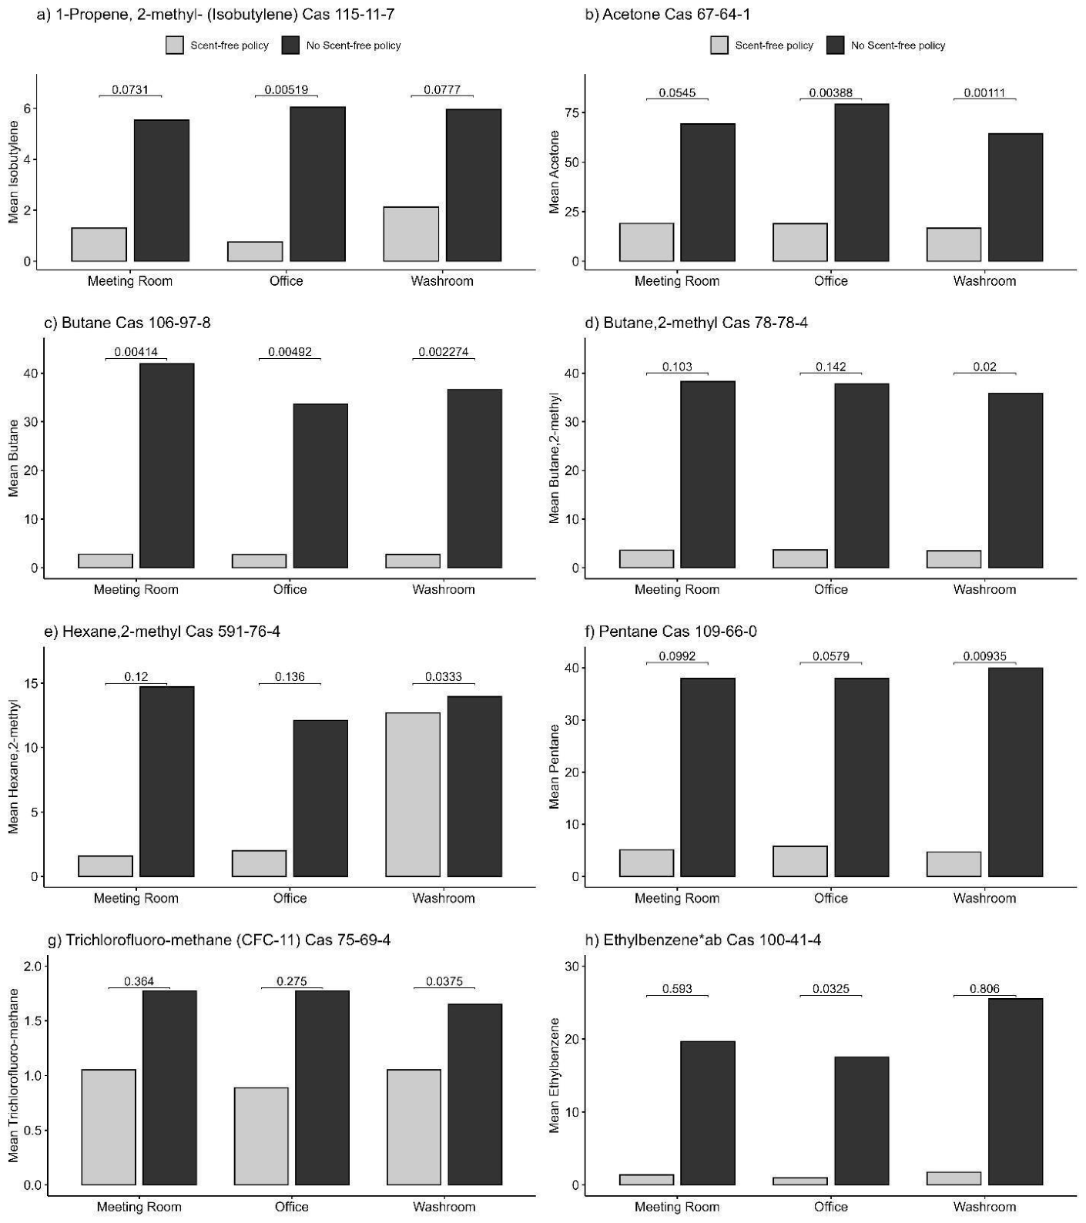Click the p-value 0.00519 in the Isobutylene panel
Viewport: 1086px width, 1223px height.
click(x=287, y=89)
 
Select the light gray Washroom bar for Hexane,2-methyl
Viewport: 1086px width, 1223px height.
click(x=413, y=794)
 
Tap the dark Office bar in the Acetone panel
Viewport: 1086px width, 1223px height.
click(x=861, y=183)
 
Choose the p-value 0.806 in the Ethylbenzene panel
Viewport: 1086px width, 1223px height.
click(x=984, y=989)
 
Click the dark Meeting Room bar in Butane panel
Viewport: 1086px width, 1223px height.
click(x=166, y=465)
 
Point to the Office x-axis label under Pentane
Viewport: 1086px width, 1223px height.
click(x=830, y=898)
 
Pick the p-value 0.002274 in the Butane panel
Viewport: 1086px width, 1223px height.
click(x=443, y=352)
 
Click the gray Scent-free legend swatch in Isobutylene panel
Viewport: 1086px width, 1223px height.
click(x=175, y=45)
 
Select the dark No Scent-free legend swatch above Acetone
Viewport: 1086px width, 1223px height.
click(x=835, y=45)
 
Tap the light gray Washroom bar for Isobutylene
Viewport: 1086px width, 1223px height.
click(x=411, y=234)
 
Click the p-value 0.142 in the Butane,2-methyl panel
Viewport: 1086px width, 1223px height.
click(x=830, y=367)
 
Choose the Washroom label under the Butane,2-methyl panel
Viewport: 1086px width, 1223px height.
click(x=984, y=589)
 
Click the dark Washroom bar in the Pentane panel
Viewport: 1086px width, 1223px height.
click(x=1015, y=772)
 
